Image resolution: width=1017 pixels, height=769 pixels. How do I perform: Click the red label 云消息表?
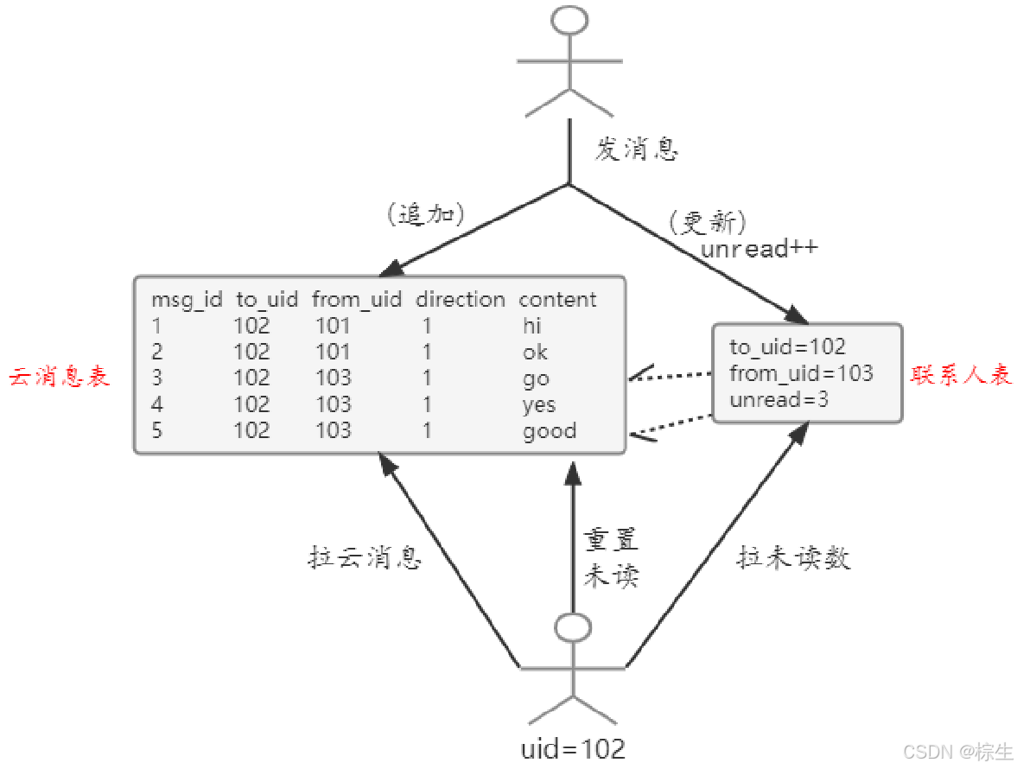(x=60, y=378)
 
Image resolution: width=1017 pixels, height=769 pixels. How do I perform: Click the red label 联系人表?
(x=961, y=375)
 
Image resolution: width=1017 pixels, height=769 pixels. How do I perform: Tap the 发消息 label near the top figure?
(x=636, y=150)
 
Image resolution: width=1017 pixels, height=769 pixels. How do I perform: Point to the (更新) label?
(x=706, y=222)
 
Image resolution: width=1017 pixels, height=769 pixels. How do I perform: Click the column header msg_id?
(x=187, y=300)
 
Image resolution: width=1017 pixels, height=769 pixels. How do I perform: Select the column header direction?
(x=460, y=300)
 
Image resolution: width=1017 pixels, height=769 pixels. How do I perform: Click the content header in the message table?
(x=557, y=300)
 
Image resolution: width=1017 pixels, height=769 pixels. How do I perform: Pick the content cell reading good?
(x=550, y=430)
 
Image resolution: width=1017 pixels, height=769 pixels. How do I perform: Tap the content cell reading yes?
(x=539, y=404)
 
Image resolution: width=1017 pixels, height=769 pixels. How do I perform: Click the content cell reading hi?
(x=531, y=326)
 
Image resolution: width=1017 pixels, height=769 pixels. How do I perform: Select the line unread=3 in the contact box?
(x=779, y=400)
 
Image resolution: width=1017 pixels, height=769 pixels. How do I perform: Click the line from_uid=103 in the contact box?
(x=801, y=373)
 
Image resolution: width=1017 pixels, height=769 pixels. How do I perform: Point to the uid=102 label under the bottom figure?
(x=572, y=748)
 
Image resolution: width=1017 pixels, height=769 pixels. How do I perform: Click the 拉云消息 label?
(x=365, y=558)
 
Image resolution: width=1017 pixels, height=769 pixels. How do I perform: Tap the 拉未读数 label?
(x=793, y=558)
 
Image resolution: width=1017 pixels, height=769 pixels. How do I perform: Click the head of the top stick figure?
(x=569, y=21)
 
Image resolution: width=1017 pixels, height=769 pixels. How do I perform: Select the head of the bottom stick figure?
(x=573, y=628)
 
